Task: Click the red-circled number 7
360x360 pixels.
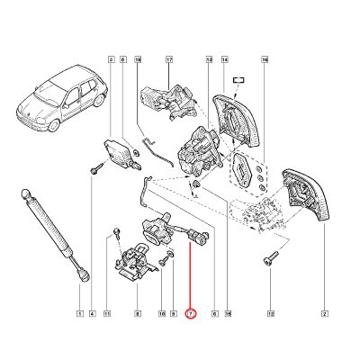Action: [190, 313]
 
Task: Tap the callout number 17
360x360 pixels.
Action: [168, 60]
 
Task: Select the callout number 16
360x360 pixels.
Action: [265, 60]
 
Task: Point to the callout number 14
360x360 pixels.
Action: [229, 313]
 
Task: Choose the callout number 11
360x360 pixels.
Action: [106, 313]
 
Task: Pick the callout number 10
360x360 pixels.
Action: [163, 313]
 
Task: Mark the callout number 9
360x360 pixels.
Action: [175, 313]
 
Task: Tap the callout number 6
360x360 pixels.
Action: [214, 313]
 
